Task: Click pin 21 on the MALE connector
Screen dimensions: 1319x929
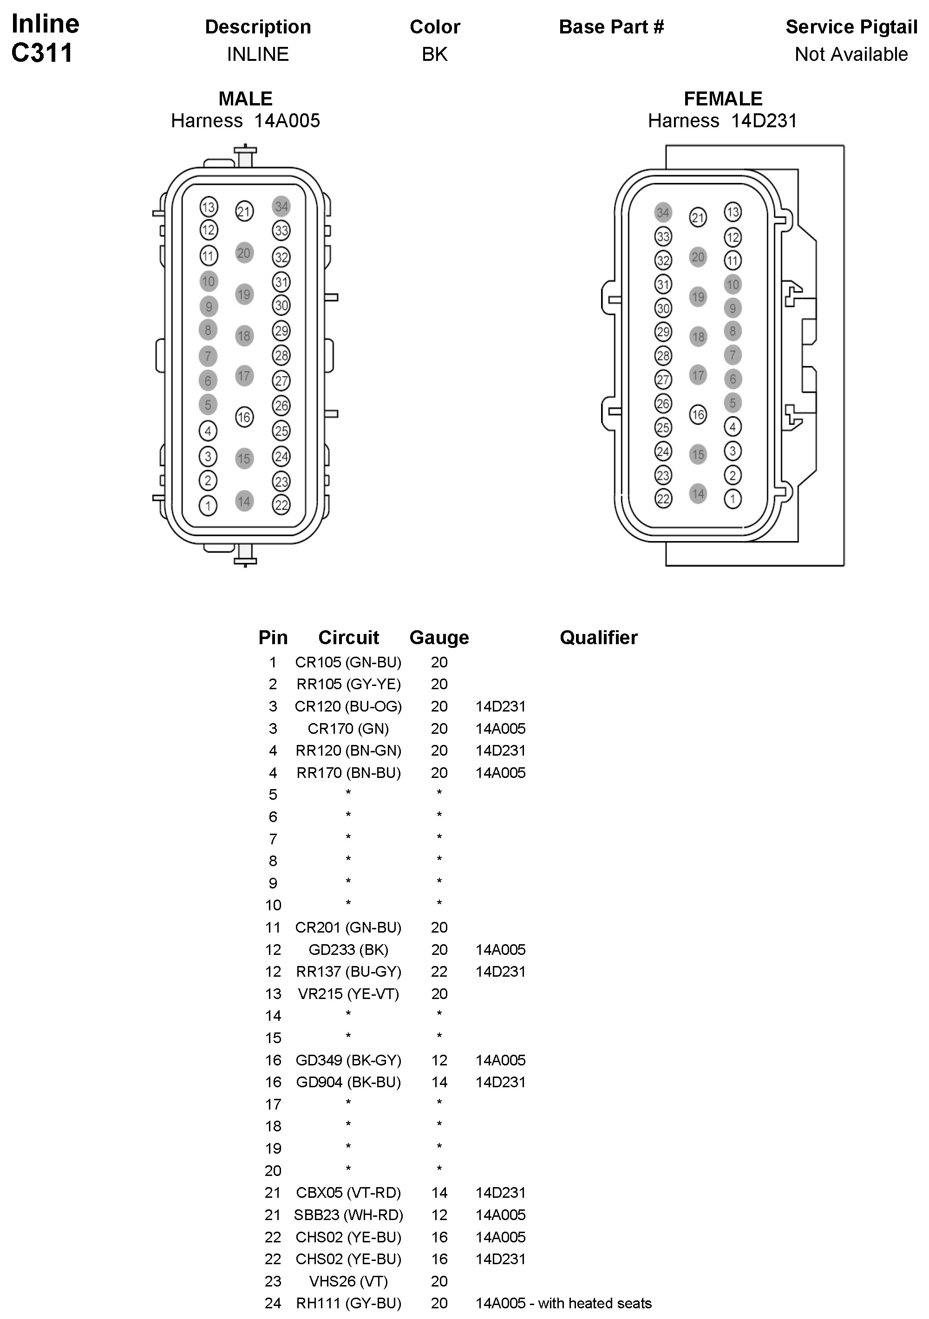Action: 244,211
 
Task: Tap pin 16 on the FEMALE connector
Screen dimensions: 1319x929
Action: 698,414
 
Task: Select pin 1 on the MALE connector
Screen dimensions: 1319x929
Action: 208,506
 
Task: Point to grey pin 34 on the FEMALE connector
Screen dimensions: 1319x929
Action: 663,213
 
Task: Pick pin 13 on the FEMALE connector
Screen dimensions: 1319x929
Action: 733,212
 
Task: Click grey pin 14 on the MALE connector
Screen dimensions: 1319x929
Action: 244,501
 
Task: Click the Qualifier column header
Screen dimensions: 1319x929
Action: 598,637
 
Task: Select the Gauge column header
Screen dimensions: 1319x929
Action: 439,637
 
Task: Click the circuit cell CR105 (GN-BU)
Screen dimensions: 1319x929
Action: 348,662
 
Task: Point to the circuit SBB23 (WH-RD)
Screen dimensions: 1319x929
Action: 348,1215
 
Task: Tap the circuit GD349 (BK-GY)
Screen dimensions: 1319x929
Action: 348,1060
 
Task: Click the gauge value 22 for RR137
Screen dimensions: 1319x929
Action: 439,972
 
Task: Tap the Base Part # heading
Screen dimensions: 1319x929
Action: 611,26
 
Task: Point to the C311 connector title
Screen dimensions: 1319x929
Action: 42,53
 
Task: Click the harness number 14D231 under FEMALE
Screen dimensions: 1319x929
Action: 764,121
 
